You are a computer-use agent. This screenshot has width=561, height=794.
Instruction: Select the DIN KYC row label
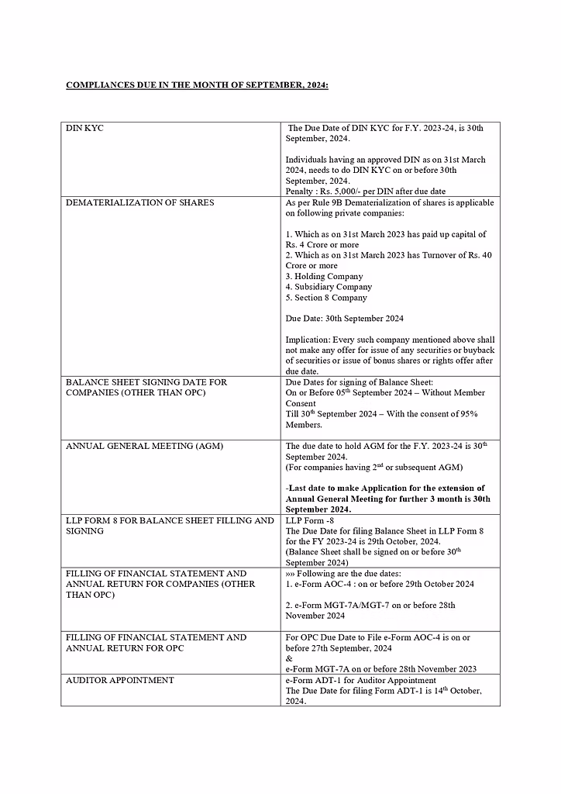84,128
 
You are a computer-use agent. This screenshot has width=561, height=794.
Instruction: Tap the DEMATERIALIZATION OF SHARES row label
139,202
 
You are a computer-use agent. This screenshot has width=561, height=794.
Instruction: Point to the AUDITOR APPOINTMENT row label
120,680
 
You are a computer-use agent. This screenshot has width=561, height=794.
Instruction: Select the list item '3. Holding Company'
324,276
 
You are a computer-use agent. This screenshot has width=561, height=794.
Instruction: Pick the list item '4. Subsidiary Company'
329,287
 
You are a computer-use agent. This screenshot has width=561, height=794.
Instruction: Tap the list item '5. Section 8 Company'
326,298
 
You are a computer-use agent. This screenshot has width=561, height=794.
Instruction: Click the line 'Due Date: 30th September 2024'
344,319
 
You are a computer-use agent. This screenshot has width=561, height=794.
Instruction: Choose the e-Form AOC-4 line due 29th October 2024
380,584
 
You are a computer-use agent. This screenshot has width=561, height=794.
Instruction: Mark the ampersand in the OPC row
288,658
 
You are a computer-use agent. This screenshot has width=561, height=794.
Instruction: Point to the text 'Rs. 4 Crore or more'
322,245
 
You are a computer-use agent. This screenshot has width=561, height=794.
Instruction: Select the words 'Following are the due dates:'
347,573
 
